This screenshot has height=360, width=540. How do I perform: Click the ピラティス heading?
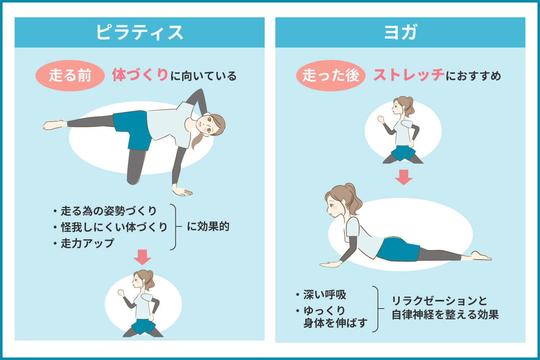[x=139, y=32]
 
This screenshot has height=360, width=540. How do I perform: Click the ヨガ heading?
[x=400, y=32]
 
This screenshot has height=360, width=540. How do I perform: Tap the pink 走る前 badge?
[x=70, y=76]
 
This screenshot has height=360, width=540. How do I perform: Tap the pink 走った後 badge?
[x=330, y=76]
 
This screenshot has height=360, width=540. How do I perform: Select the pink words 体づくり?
[x=140, y=75]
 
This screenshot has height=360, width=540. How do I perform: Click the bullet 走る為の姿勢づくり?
[x=108, y=211]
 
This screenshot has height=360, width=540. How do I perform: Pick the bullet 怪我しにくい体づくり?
[x=113, y=227]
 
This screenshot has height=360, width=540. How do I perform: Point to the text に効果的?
[x=208, y=227]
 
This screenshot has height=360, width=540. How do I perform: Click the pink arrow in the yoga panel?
[x=403, y=177]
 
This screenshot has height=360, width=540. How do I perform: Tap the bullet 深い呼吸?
[x=324, y=295]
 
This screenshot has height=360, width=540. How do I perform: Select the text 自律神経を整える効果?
[x=445, y=315]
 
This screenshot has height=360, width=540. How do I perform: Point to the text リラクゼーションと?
[x=439, y=300]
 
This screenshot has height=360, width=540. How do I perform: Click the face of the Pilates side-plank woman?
[x=208, y=124]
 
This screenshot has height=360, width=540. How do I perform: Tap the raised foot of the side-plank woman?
[x=54, y=125]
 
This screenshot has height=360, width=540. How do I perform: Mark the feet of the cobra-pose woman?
[x=481, y=256]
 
